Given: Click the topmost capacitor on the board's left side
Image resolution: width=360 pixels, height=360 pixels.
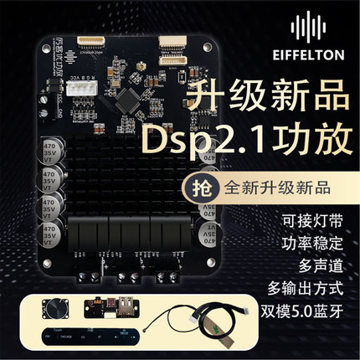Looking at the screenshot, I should (x=47, y=150).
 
